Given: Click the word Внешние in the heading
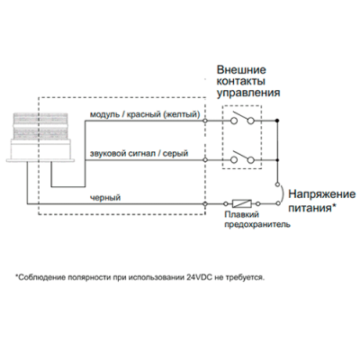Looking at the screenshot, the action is (x=241, y=70).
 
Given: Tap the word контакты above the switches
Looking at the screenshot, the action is (x=241, y=81).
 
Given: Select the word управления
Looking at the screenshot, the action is (x=248, y=93).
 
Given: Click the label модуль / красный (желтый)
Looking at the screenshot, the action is (x=145, y=114).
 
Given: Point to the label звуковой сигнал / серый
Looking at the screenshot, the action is (x=139, y=154).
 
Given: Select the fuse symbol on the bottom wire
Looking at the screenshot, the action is (x=242, y=203).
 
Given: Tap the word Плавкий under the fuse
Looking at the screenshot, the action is (x=242, y=215).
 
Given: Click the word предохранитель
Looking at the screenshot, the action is (x=257, y=224).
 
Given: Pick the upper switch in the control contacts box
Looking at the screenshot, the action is (x=242, y=118).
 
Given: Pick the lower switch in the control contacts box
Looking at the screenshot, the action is (x=242, y=157).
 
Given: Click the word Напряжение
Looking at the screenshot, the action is (x=322, y=194).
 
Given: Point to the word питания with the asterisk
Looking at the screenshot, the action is (x=312, y=208).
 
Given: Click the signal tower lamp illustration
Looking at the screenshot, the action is (x=40, y=138).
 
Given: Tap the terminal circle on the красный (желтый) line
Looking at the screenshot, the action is (x=205, y=121).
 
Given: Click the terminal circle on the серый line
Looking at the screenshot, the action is (x=205, y=160).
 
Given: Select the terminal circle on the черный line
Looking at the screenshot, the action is (x=205, y=204).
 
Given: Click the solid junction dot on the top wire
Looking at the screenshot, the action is (x=277, y=121).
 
